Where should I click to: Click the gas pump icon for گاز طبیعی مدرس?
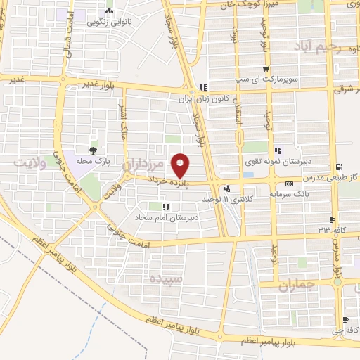(340, 167)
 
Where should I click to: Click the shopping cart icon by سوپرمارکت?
(266, 69)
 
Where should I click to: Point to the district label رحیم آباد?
(319, 47)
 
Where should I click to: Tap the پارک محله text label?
(93, 160)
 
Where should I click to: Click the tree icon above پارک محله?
(93, 150)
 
